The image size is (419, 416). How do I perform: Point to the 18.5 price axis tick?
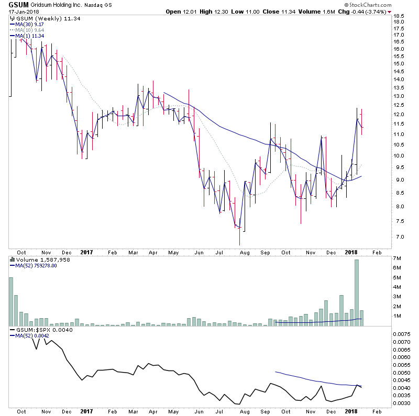[x=399, y=17]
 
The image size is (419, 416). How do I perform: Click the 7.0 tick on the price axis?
[x=399, y=237]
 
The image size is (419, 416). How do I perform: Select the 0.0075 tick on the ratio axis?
[x=402, y=333]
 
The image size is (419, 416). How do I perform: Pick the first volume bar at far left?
[x=10, y=301]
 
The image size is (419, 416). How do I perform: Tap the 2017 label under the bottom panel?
[x=87, y=411]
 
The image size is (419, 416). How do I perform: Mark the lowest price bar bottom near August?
[x=239, y=245]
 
